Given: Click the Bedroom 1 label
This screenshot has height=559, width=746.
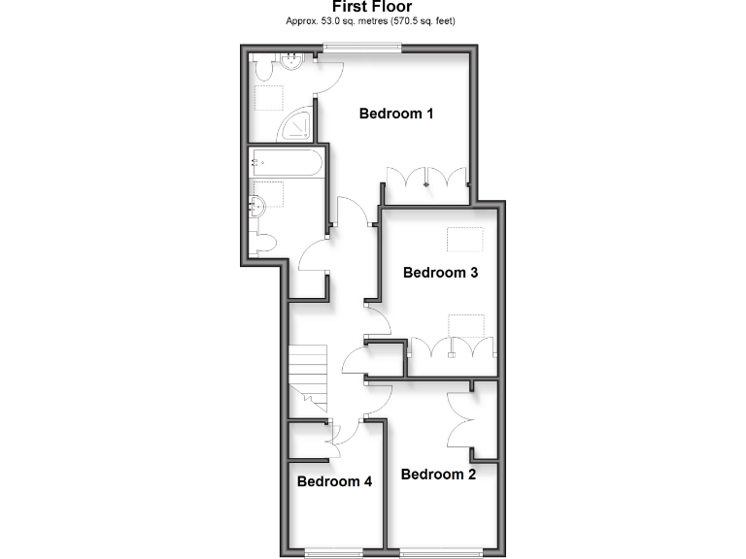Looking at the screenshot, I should coord(395,114).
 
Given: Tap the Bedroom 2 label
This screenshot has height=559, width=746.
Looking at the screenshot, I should coord(438,475).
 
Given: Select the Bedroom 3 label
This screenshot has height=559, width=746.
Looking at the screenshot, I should coord(440,273).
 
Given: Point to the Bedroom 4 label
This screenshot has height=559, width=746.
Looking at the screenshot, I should coord(334,481).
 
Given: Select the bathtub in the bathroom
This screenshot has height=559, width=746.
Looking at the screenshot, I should coord(287,162).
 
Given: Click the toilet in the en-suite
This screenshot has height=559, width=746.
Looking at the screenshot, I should coord(262,67).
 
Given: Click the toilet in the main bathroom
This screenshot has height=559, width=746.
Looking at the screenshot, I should coord(261,243).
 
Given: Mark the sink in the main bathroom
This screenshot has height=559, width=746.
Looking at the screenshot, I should coord(257,205).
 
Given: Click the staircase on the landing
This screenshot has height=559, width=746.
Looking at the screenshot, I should coord(308,375).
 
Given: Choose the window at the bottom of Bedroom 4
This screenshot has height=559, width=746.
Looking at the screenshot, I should coord(334,553).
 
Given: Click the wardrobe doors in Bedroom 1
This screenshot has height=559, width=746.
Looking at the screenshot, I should coord(427,179).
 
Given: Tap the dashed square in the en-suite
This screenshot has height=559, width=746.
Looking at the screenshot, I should coord(268,98).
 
